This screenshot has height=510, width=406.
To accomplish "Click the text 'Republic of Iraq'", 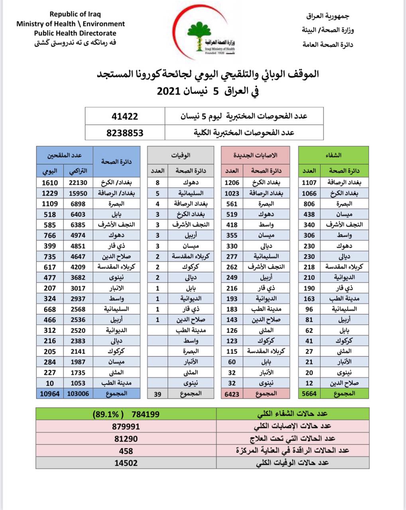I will [71, 15].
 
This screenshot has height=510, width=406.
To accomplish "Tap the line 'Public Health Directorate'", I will [75, 33].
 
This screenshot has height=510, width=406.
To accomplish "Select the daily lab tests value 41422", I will [125, 116].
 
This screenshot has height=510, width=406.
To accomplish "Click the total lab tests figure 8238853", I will [125, 133].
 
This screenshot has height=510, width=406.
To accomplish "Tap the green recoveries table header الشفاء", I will [333, 155].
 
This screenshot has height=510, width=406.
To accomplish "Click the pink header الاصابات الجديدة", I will [256, 155].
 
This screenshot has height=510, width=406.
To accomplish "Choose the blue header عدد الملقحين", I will [65, 155].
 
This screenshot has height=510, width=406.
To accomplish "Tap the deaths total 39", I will [158, 394].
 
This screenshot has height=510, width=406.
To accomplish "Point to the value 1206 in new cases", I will [232, 182].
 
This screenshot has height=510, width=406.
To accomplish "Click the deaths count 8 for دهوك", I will [158, 182].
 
